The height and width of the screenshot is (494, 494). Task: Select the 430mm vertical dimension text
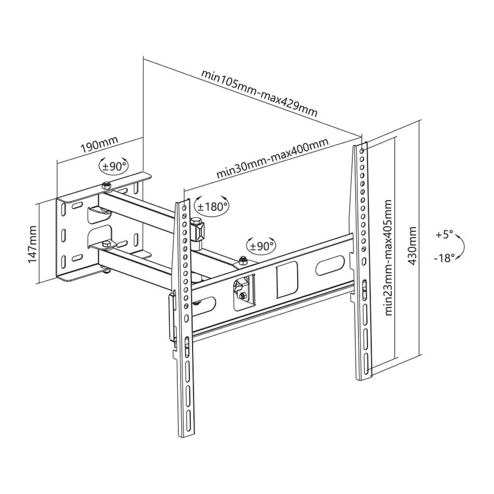413,244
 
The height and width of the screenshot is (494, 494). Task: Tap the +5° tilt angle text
445,234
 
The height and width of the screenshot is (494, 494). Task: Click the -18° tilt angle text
445,257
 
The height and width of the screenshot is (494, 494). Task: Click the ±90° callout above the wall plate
113,165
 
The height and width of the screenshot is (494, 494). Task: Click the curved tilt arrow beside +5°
461,246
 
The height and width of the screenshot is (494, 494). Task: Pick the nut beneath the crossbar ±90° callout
242,260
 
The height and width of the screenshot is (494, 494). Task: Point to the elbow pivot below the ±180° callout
198,231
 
